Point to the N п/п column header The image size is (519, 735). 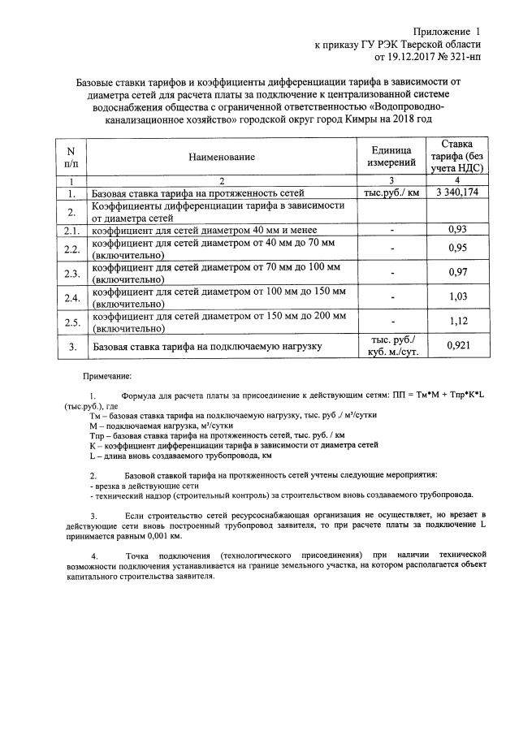[71, 156]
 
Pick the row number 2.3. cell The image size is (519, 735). [71, 273]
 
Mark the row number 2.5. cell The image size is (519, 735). [71, 322]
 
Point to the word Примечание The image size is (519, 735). [111, 376]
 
